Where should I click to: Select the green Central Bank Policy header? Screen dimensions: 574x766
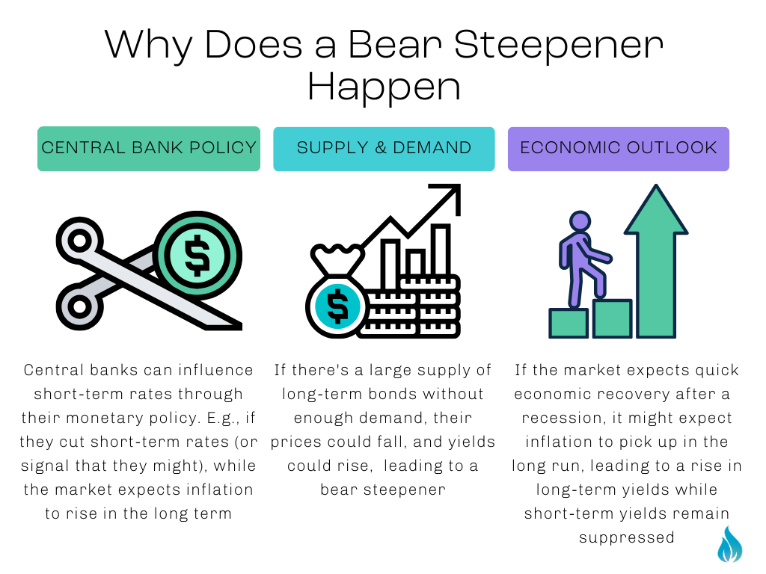point(149,148)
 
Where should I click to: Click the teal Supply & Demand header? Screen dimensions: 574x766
point(384,148)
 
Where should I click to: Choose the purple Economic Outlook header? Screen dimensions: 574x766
point(619,148)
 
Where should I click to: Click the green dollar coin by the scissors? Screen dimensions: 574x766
point(197,255)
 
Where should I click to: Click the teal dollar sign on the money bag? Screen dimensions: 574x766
point(337,305)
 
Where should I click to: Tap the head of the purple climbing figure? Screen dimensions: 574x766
point(580,221)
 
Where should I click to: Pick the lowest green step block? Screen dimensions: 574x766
point(569,323)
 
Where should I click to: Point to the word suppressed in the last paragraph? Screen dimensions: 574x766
point(626,537)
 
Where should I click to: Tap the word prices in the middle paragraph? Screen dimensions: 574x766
point(298,442)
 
